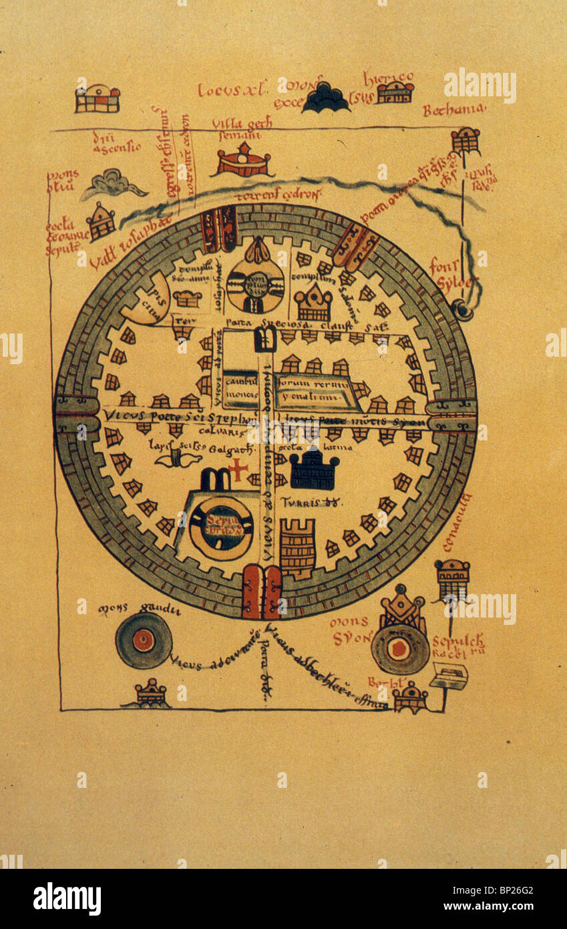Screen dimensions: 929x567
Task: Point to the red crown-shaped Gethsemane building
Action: pyautogui.click(x=244, y=162)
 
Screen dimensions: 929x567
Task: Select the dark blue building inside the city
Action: pyautogui.click(x=314, y=470)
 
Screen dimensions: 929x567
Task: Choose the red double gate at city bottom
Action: pyautogui.click(x=262, y=591)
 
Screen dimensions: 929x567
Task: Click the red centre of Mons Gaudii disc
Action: pyautogui.click(x=144, y=640)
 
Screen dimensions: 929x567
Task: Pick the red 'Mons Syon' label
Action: pyautogui.click(x=351, y=631)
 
